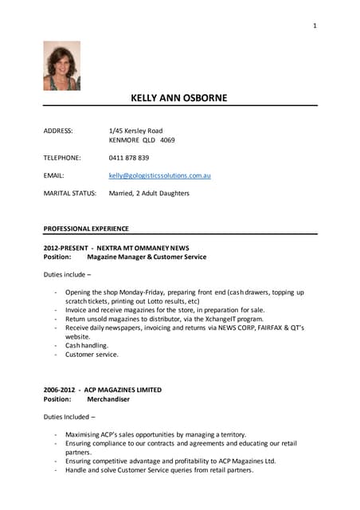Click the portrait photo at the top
click(x=61, y=65)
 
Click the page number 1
click(x=315, y=26)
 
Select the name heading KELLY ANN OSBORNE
click(x=178, y=98)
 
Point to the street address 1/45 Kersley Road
click(x=135, y=130)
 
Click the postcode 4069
click(x=167, y=139)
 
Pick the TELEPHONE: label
click(x=62, y=158)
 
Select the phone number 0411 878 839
click(x=129, y=158)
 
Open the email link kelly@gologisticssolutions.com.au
click(x=159, y=175)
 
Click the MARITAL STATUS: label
click(x=70, y=193)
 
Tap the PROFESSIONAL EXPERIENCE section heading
click(x=86, y=229)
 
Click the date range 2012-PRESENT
click(x=65, y=248)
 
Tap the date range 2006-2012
click(x=61, y=390)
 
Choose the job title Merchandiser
click(x=108, y=399)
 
